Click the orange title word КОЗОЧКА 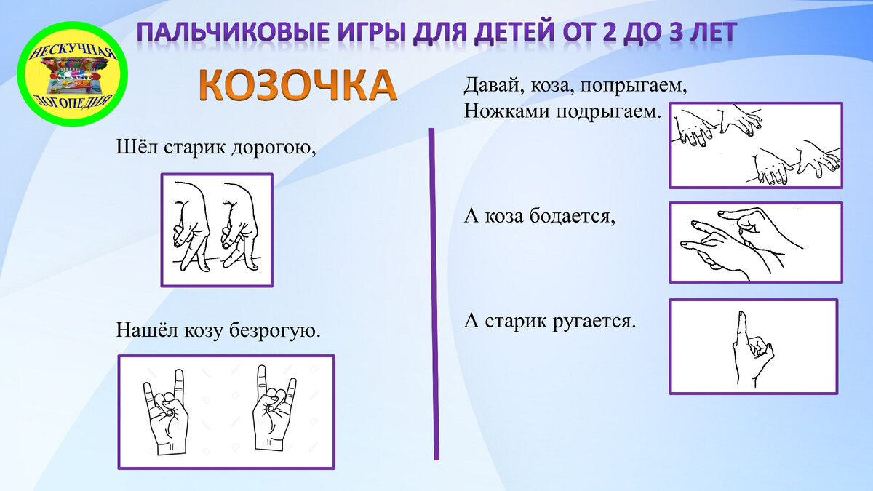(x=298, y=86)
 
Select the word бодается (x=574, y=216)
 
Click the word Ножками (x=502, y=112)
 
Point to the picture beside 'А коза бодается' (x=756, y=242)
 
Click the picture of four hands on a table (x=756, y=145)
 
